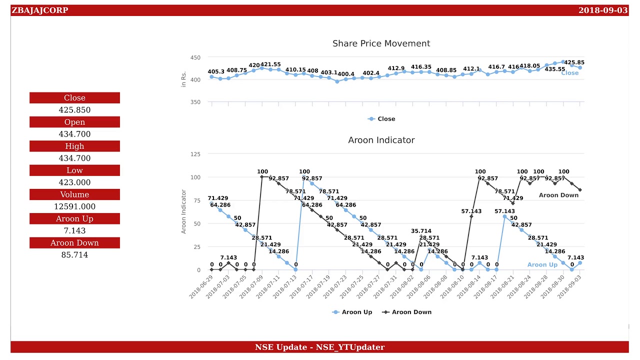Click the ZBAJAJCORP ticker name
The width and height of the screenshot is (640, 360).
[40, 10]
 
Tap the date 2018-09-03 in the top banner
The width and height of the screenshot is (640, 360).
[602, 10]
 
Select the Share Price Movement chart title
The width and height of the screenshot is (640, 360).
[381, 43]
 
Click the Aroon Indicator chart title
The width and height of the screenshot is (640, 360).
[381, 140]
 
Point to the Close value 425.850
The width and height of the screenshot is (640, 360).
[74, 110]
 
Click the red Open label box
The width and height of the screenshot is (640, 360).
[74, 122]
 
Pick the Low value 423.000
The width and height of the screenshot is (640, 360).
[74, 182]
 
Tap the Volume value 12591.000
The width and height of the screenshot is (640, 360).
[74, 206]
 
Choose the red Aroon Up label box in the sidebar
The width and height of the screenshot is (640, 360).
[74, 218]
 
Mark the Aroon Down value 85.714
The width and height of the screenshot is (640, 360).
[74, 255]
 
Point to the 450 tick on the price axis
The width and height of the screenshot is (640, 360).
[195, 58]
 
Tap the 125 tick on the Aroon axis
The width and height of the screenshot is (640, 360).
[195, 154]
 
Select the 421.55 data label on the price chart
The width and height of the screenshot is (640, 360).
[270, 64]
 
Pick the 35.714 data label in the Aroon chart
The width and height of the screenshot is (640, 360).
[421, 231]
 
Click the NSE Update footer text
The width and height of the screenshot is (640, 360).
[319, 347]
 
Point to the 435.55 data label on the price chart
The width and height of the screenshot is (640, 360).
[554, 69]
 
